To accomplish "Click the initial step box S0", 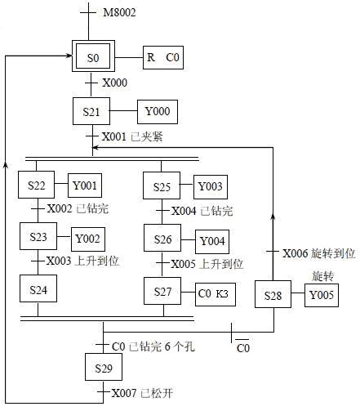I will [x=92, y=58].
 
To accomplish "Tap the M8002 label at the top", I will [x=121, y=14].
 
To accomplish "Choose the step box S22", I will [x=37, y=185].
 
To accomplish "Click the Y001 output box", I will [x=87, y=185].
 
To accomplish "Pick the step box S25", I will [x=163, y=186].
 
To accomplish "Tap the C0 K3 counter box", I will [x=215, y=293].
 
